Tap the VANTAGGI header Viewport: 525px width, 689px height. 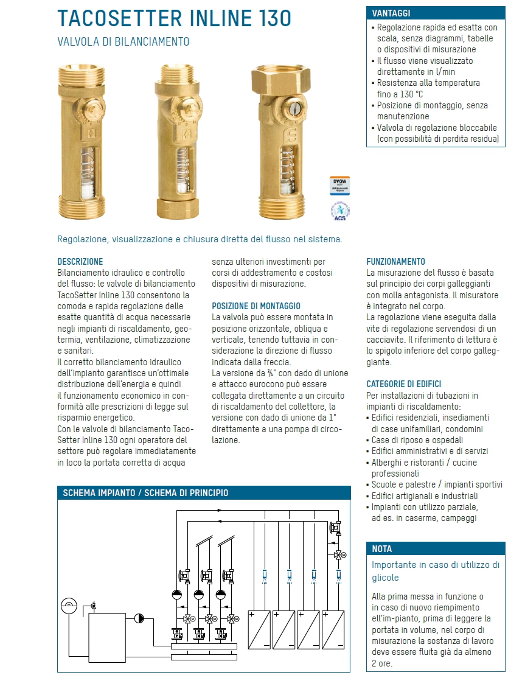[x=391, y=13]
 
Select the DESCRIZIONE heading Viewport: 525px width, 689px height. [x=80, y=261]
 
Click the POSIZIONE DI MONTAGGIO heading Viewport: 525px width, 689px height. [x=256, y=306]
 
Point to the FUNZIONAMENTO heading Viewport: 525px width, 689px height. [x=396, y=261]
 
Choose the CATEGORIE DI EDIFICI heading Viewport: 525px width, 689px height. [x=404, y=384]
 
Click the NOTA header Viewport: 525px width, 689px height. [x=382, y=548]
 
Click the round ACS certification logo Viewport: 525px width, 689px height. [x=341, y=211]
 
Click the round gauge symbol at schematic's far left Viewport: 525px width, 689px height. [x=69, y=606]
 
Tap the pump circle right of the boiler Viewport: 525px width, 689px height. [x=139, y=618]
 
